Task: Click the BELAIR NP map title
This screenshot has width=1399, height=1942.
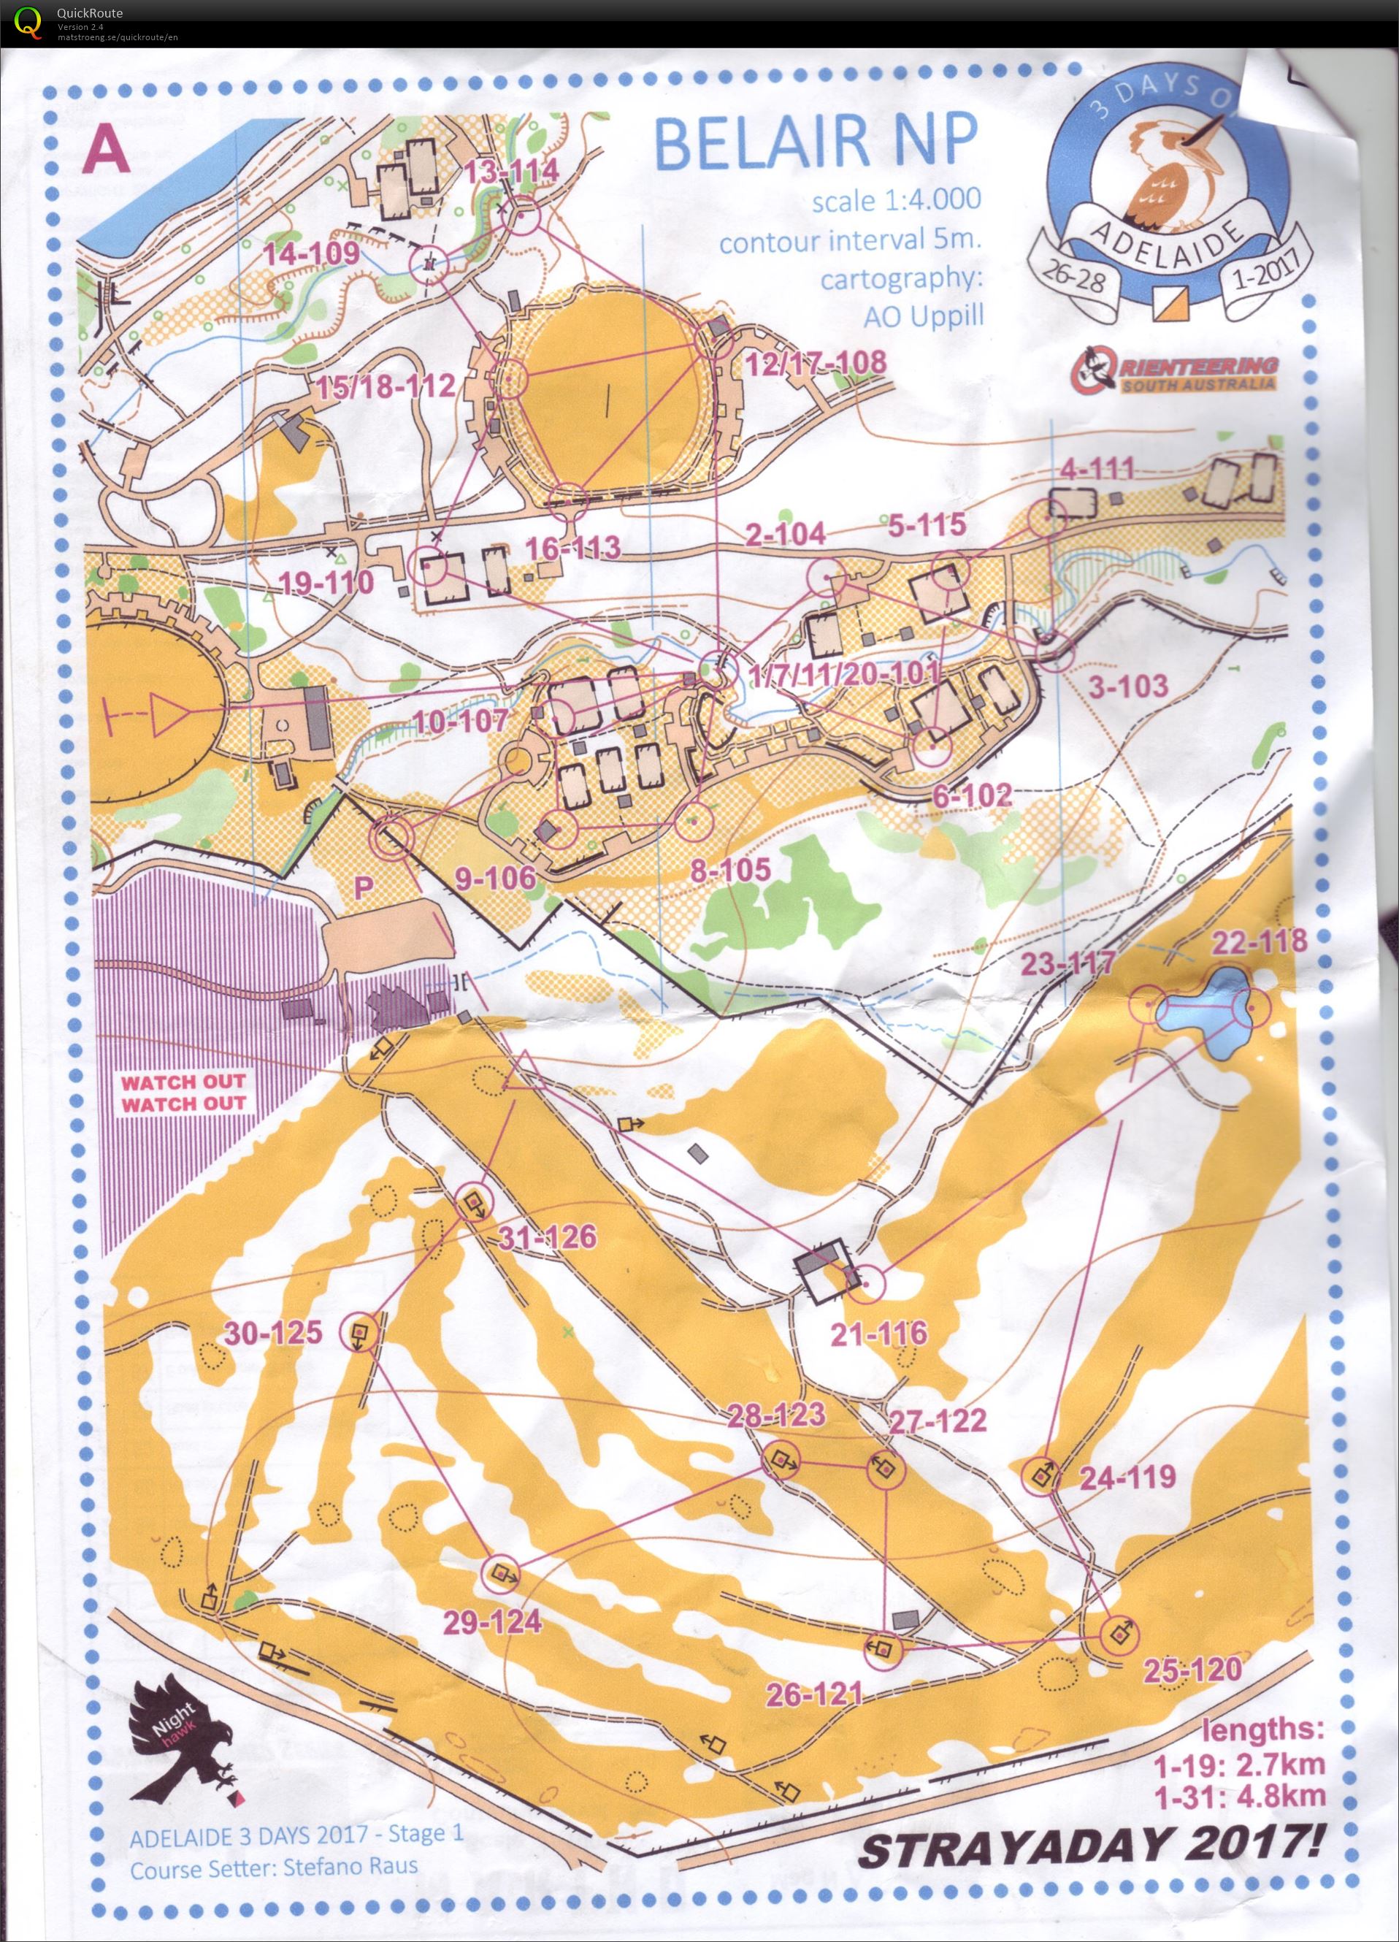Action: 816,142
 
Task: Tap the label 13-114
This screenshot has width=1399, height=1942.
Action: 512,170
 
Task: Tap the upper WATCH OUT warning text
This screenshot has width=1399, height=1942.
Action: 183,1082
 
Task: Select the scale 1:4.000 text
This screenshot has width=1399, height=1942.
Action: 896,200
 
